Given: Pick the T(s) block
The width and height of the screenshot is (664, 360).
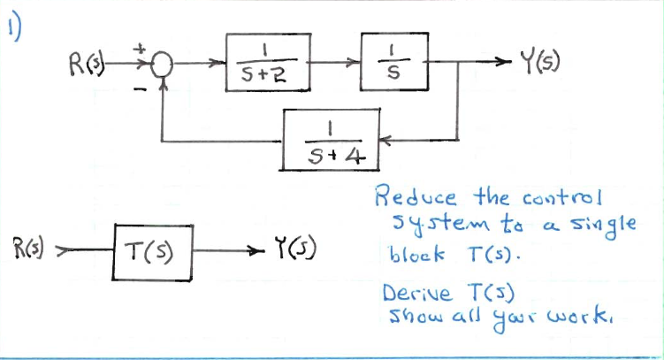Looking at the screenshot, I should [152, 248].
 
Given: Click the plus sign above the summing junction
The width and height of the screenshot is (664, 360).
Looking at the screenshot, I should [138, 50].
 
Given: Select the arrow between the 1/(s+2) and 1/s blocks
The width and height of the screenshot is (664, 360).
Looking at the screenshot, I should [338, 64].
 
